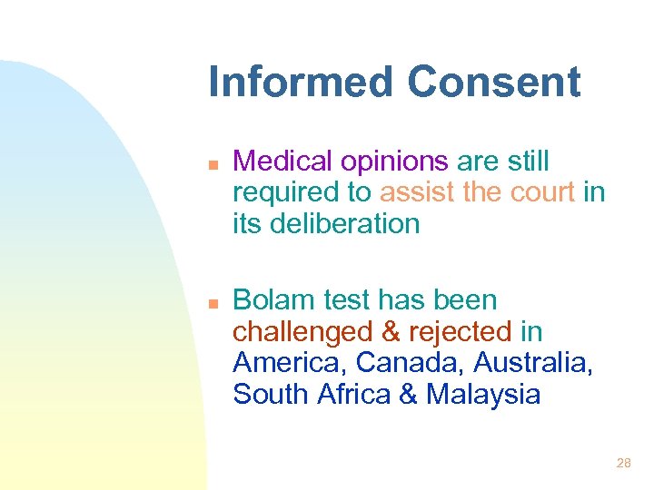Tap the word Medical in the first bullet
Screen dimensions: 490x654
tap(282, 162)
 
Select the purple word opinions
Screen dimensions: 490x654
tap(394, 162)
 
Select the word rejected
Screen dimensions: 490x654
tap(461, 331)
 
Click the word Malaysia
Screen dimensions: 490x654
tap(483, 395)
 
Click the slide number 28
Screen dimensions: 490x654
tap(623, 463)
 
